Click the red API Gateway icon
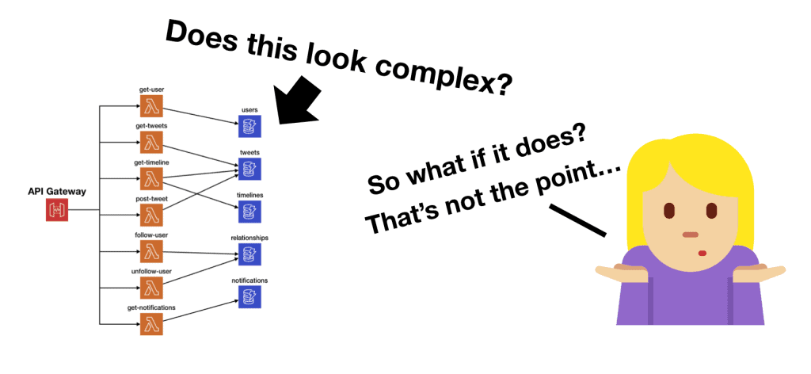pos(58,210)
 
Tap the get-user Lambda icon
pos(151,105)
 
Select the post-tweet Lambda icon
pos(151,214)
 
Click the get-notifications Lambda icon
pos(151,323)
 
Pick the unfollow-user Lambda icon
pos(151,287)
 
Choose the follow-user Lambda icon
pos(151,250)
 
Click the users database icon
pos(249,124)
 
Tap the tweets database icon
pos(249,168)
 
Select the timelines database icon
pos(249,211)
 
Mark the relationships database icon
pos(249,254)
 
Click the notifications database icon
pos(249,297)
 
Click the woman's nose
pos(690,234)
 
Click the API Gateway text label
pos(58,191)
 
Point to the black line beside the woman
pos(577,221)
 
